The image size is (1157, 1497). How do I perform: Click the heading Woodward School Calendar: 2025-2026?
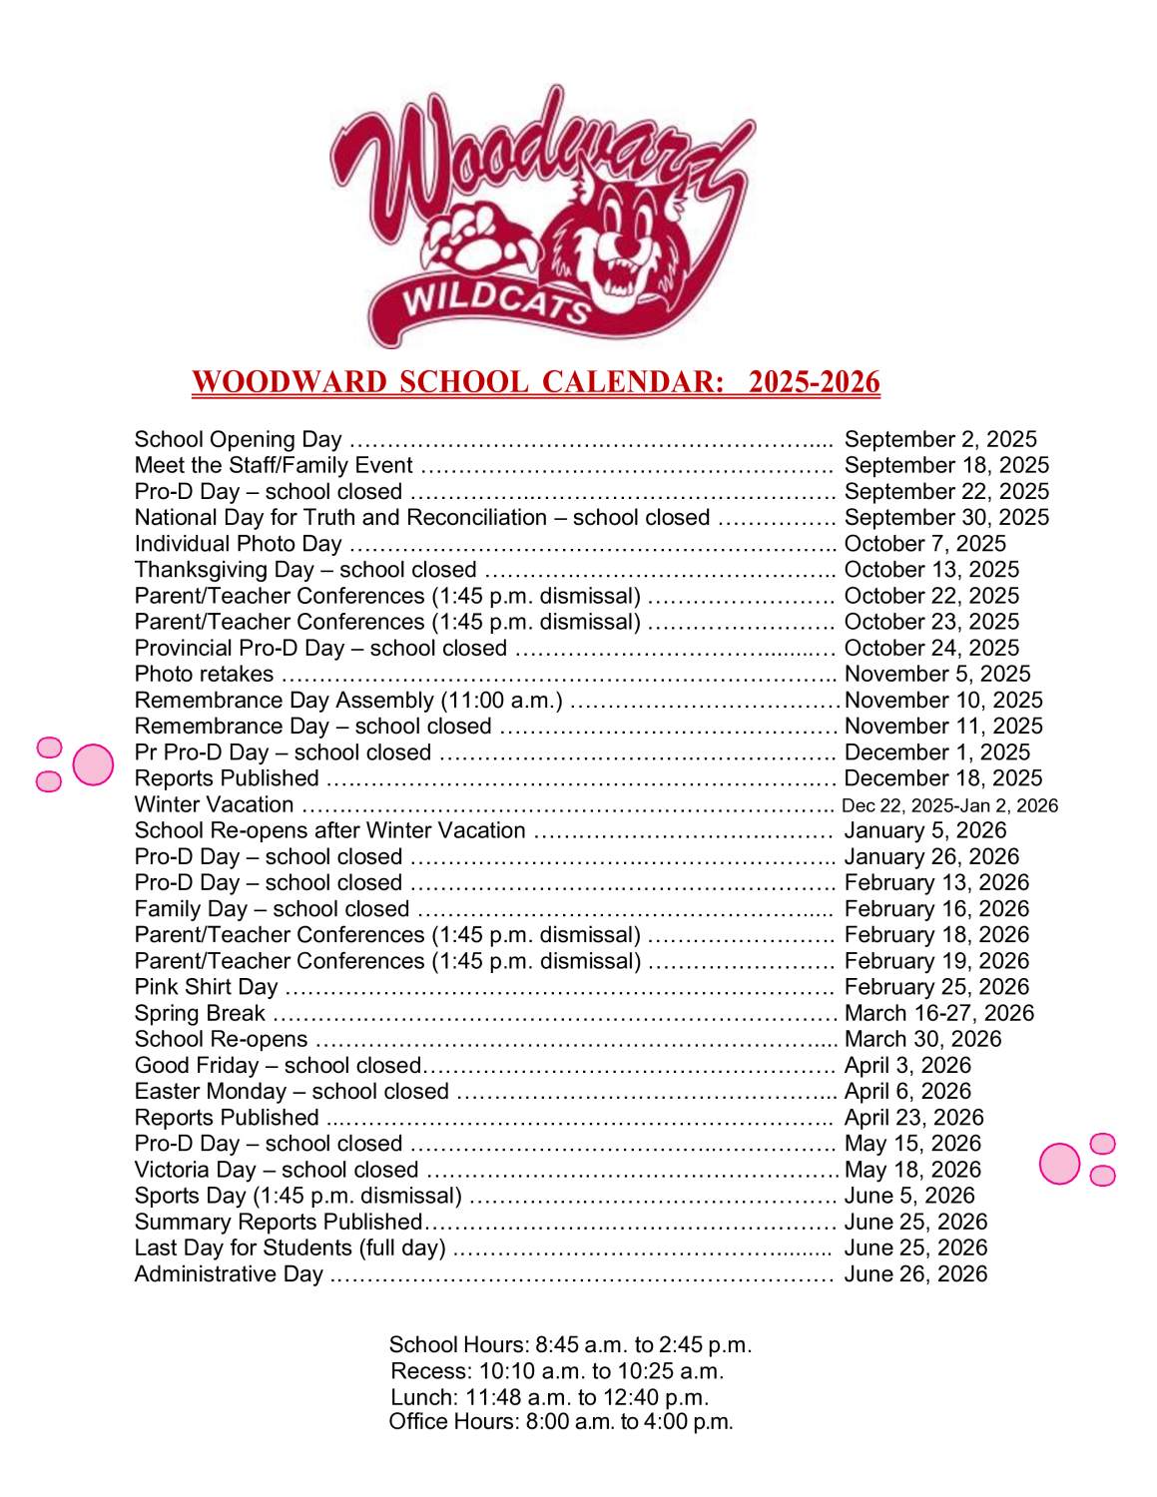tap(536, 382)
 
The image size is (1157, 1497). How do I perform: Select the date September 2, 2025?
tap(940, 439)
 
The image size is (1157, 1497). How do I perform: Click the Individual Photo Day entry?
tap(238, 544)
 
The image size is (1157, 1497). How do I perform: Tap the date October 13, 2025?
tap(931, 570)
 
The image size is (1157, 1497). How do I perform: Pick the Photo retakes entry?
tap(204, 674)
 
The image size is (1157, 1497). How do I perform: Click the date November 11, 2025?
tap(943, 727)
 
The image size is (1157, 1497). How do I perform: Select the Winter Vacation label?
tap(214, 804)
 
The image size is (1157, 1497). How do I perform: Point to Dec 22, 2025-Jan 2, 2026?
tap(949, 805)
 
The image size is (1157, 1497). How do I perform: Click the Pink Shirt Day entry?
tap(206, 987)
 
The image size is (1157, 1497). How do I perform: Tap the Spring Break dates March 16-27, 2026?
tap(938, 1013)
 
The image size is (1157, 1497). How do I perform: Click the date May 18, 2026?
tap(912, 1170)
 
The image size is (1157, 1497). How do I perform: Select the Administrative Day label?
tap(229, 1274)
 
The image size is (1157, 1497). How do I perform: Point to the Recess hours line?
tap(557, 1371)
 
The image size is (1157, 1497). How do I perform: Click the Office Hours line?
tap(561, 1422)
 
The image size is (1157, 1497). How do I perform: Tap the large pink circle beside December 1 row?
tap(94, 764)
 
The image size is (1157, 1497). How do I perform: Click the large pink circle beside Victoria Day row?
tap(1059, 1164)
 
